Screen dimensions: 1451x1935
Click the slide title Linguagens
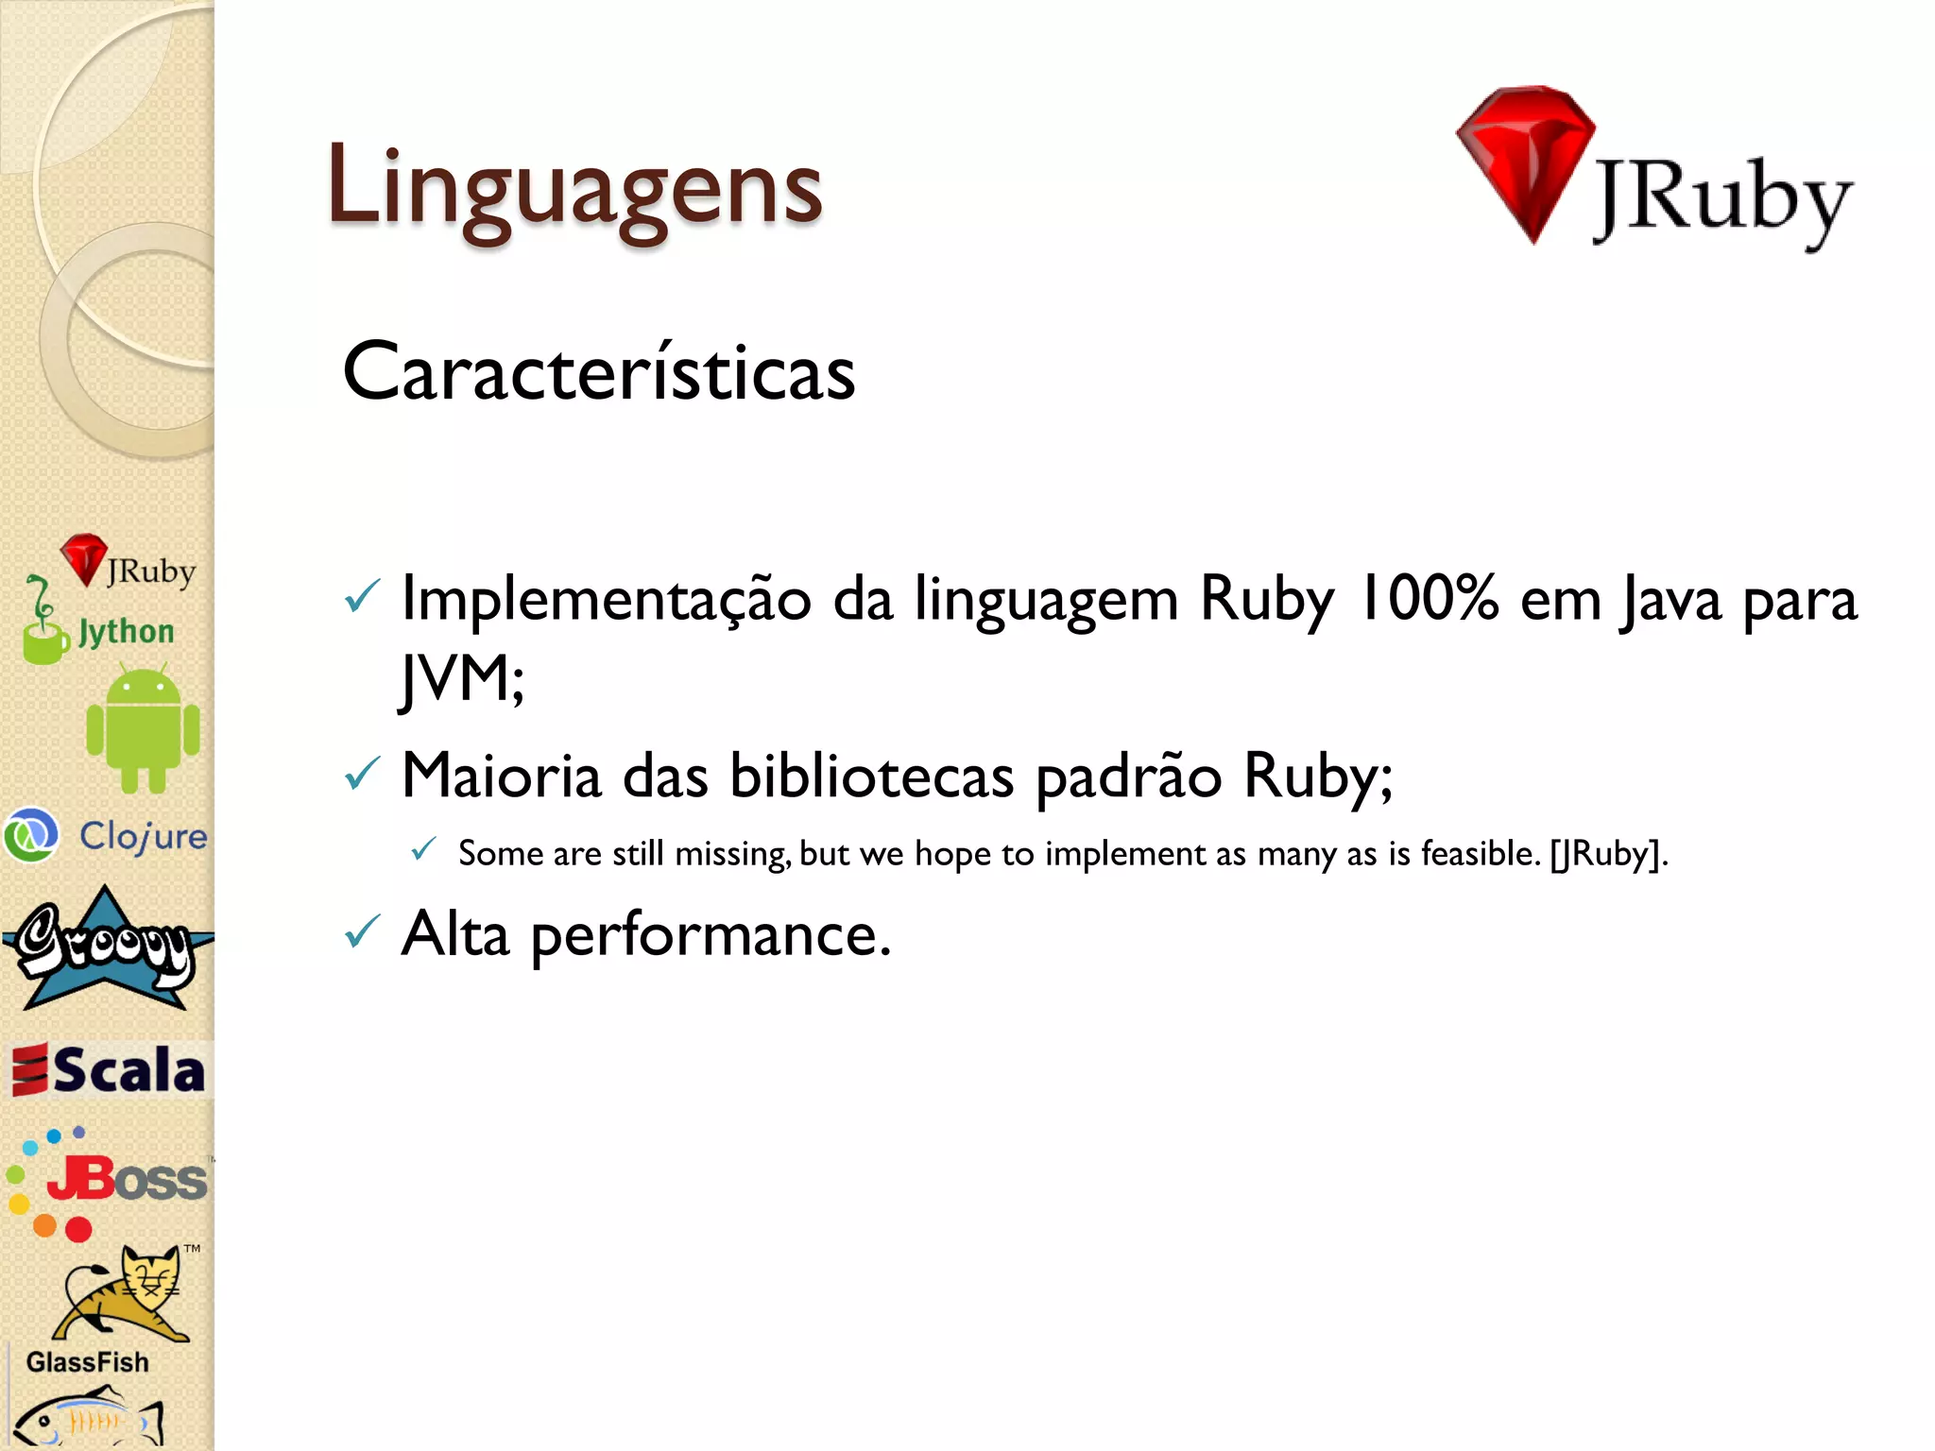(x=574, y=187)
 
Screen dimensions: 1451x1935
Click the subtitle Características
(x=599, y=372)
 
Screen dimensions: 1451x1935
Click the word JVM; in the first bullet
(x=462, y=678)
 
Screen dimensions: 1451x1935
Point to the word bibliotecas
(x=871, y=777)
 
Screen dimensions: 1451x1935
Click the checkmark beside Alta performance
(x=362, y=932)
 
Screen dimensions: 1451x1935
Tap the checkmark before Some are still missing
(x=423, y=849)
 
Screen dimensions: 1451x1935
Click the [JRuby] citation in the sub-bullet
(x=1605, y=854)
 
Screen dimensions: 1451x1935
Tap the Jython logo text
(x=126, y=631)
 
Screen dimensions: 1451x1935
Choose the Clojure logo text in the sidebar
(x=143, y=836)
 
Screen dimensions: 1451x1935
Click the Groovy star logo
(x=105, y=948)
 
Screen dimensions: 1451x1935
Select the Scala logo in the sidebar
(x=109, y=1070)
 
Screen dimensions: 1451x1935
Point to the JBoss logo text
(x=128, y=1180)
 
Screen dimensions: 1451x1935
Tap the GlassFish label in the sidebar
(x=88, y=1361)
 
